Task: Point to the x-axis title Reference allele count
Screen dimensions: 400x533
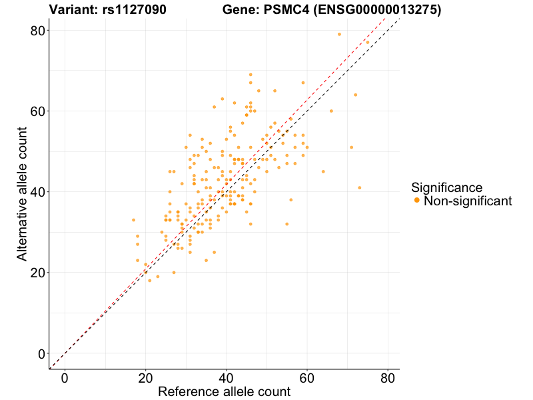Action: (224, 391)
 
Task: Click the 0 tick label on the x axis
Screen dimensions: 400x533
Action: (65, 378)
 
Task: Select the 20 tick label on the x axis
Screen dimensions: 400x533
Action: (145, 378)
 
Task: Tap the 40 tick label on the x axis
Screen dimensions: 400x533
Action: (226, 378)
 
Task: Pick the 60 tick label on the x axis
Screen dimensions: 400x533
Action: (307, 378)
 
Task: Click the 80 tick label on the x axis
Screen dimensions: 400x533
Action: (388, 378)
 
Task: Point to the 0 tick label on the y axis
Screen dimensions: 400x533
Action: (41, 353)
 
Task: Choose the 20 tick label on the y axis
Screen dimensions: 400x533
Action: (37, 273)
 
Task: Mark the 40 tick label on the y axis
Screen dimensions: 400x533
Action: (37, 192)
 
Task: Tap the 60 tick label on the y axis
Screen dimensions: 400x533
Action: (37, 111)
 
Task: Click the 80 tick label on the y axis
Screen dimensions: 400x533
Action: (37, 30)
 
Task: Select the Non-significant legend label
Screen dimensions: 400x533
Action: (468, 201)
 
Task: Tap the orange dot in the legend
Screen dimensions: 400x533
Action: (416, 201)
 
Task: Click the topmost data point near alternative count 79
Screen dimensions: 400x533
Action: (339, 34)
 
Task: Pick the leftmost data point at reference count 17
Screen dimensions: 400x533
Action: (133, 220)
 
